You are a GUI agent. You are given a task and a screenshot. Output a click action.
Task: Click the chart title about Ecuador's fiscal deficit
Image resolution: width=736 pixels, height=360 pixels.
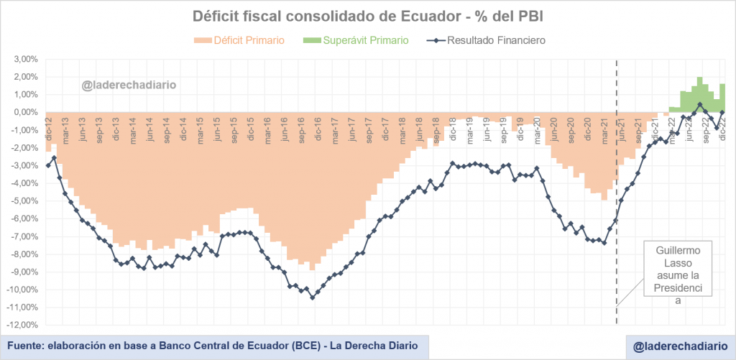(368, 16)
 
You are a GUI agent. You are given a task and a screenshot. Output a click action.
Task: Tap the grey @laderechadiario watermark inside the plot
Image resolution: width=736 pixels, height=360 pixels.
(129, 86)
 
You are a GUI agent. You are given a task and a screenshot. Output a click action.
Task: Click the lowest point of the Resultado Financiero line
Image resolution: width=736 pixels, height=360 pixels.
(312, 297)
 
